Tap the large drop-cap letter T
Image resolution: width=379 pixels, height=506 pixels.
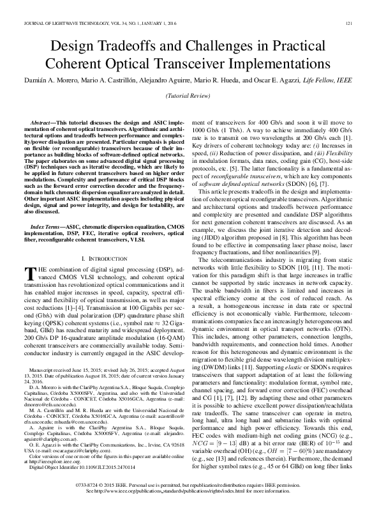pyautogui.click(x=27, y=273)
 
